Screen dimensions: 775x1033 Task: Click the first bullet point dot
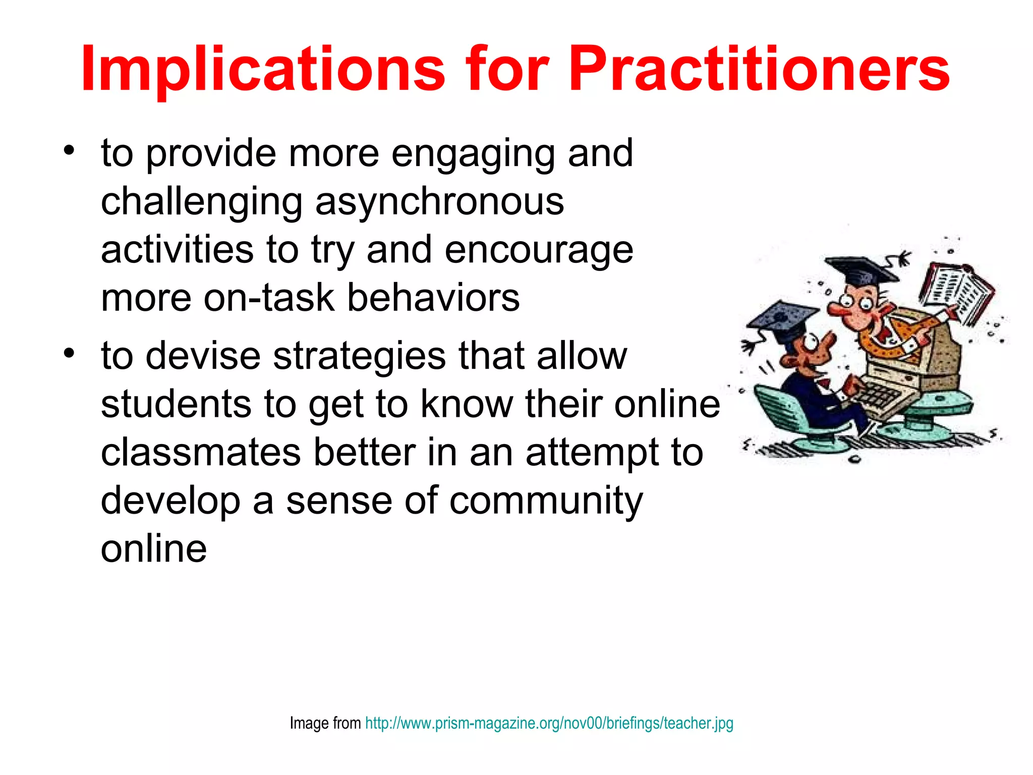69,150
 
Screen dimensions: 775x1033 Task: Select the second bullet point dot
69,353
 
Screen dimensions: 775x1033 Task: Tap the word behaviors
433,298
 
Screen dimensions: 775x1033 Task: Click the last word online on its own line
154,549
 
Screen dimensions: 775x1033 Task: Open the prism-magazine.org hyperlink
549,723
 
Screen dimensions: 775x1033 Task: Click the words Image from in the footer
325,723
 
